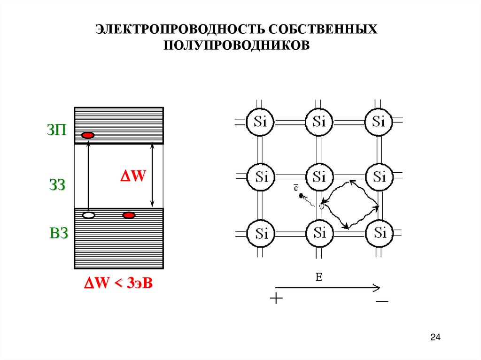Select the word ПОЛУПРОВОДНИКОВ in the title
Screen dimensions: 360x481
pyautogui.click(x=237, y=46)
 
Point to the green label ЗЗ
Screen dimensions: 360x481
pyautogui.click(x=56, y=184)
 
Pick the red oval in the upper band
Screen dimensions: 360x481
pyautogui.click(x=88, y=136)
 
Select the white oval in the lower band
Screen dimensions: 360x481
pyautogui.click(x=88, y=215)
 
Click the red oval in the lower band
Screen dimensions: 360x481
pyautogui.click(x=129, y=215)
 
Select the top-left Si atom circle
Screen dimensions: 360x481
pyautogui.click(x=261, y=122)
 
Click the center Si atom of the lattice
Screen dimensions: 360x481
pyautogui.click(x=319, y=177)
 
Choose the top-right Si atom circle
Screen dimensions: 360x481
pyautogui.click(x=379, y=122)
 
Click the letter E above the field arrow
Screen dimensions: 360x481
pyautogui.click(x=318, y=277)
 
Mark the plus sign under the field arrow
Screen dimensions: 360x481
pyautogui.click(x=277, y=299)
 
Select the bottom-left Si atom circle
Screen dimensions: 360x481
pyautogui.click(x=261, y=232)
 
